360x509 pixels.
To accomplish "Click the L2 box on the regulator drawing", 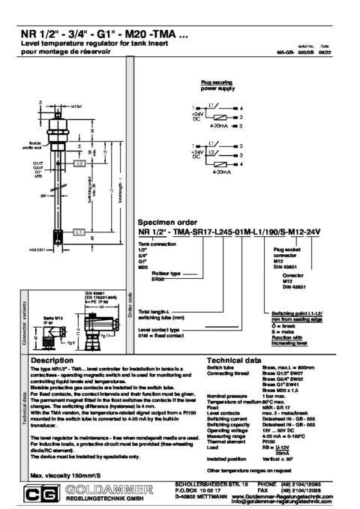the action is tap(79, 163).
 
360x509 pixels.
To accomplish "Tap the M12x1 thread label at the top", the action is tap(76, 107).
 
